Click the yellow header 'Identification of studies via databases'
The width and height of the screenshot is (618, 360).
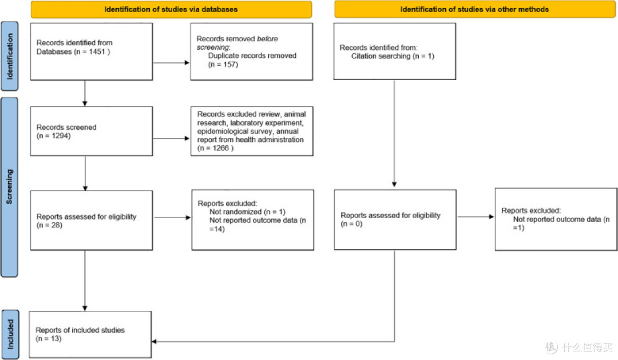pos(171,10)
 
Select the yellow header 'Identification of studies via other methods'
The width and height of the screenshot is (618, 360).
pos(474,10)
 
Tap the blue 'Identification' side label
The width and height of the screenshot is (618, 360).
pos(10,57)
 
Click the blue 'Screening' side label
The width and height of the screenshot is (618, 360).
pos(10,187)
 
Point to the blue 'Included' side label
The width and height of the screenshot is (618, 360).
pos(10,334)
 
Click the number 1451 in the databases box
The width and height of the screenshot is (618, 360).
pos(97,52)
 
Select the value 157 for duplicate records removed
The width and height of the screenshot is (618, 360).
pos(230,64)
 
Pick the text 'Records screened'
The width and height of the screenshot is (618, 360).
pos(66,128)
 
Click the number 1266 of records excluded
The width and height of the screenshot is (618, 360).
pos(221,148)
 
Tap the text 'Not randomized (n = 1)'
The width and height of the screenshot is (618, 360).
pos(247,212)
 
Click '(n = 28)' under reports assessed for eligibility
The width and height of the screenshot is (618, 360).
pos(49,225)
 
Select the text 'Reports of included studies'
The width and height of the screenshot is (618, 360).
pos(80,330)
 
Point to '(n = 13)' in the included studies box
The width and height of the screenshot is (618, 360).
pos(49,339)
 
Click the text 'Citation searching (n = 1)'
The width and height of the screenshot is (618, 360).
pos(393,56)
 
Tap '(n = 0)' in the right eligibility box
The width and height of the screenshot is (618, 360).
pos(351,224)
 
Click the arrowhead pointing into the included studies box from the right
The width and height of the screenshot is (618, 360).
pos(154,342)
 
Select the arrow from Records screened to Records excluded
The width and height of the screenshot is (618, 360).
pos(172,139)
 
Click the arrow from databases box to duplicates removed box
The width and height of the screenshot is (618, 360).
pos(172,62)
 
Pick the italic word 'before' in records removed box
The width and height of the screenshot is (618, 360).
pos(267,39)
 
